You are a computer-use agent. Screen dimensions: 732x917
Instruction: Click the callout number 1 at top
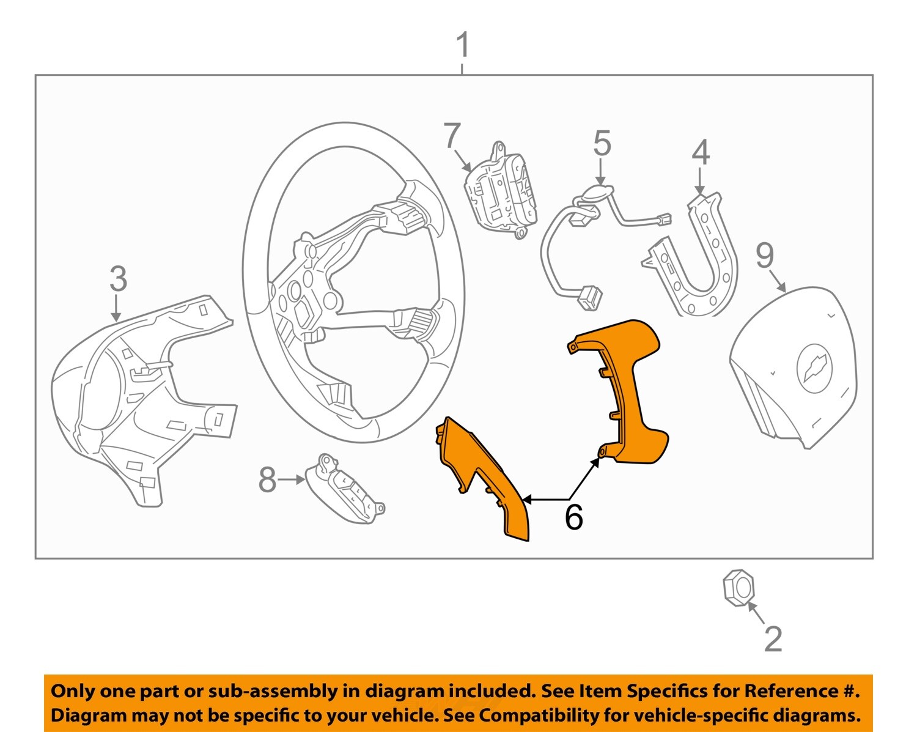[x=463, y=46]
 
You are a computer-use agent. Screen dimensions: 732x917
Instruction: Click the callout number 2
[x=773, y=640]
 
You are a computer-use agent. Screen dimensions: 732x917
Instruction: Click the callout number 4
[x=701, y=153]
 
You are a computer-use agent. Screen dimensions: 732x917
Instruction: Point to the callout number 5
[x=602, y=144]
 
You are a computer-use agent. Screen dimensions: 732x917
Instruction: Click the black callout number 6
[x=573, y=517]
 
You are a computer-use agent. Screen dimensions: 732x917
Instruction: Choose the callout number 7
[x=452, y=136]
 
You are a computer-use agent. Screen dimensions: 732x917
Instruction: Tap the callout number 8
[x=267, y=480]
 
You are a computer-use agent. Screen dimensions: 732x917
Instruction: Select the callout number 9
[x=765, y=256]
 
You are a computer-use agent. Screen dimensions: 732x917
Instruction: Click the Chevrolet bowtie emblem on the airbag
[x=814, y=365]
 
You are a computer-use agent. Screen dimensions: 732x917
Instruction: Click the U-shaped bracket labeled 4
[x=697, y=269]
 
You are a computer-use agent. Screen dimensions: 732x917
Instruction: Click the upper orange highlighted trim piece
[x=630, y=391]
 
